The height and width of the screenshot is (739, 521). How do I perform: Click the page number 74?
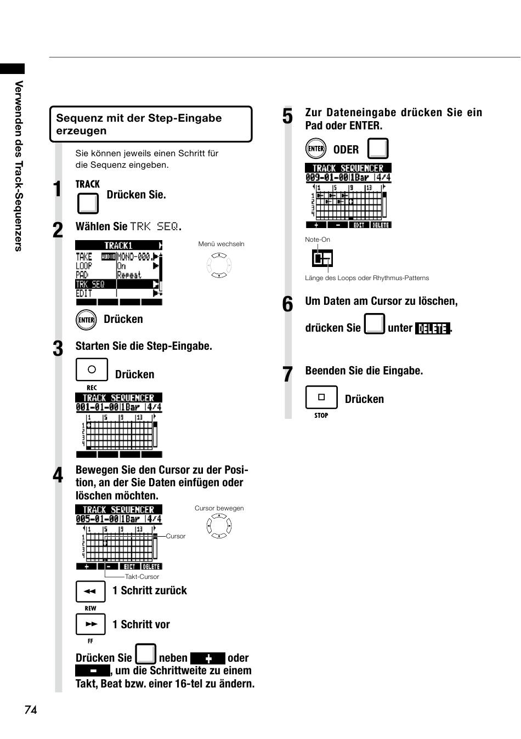click(31, 709)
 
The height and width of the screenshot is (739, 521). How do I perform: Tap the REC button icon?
click(92, 369)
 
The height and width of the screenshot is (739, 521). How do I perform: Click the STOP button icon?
click(321, 397)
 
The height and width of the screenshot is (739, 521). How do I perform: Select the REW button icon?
click(90, 592)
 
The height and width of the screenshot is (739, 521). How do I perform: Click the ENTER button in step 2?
click(86, 320)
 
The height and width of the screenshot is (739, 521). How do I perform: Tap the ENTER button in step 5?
click(316, 149)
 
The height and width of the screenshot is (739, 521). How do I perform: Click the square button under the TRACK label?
click(88, 203)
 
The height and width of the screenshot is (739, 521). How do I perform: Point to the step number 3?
click(58, 349)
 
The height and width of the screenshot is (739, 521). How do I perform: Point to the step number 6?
click(287, 304)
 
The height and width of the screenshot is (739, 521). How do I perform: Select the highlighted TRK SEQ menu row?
click(117, 284)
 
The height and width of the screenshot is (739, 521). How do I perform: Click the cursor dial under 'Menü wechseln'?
click(219, 265)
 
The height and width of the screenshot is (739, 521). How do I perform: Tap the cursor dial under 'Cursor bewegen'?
click(219, 526)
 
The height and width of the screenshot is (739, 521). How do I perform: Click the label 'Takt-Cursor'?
click(142, 576)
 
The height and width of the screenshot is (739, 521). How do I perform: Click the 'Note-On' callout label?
click(318, 240)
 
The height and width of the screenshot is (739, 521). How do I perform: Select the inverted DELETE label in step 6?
click(433, 328)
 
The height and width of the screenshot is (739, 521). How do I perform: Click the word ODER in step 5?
click(346, 150)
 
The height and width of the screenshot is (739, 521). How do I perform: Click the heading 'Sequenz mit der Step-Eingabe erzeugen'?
click(139, 124)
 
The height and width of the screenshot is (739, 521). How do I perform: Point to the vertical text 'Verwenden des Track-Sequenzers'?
click(19, 166)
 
